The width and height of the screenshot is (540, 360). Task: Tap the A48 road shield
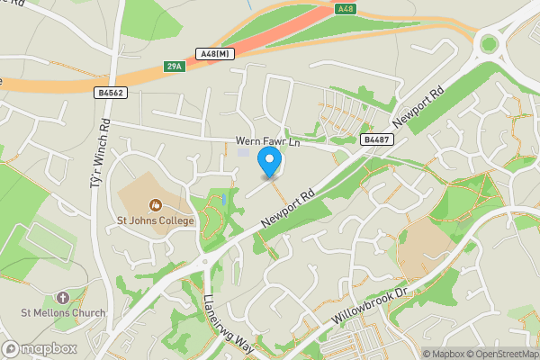pyautogui.click(x=344, y=9)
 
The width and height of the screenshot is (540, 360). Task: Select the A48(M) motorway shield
pyautogui.click(x=212, y=53)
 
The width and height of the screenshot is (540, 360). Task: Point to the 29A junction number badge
pyautogui.click(x=174, y=66)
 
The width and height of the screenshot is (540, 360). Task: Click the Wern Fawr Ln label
pyautogui.click(x=267, y=141)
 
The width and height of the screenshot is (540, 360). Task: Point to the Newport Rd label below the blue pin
pyautogui.click(x=287, y=210)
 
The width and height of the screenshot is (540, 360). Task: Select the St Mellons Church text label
pyautogui.click(x=63, y=313)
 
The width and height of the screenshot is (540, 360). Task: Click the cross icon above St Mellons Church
pyautogui.click(x=62, y=296)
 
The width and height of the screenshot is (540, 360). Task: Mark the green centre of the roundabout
pyautogui.click(x=490, y=43)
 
